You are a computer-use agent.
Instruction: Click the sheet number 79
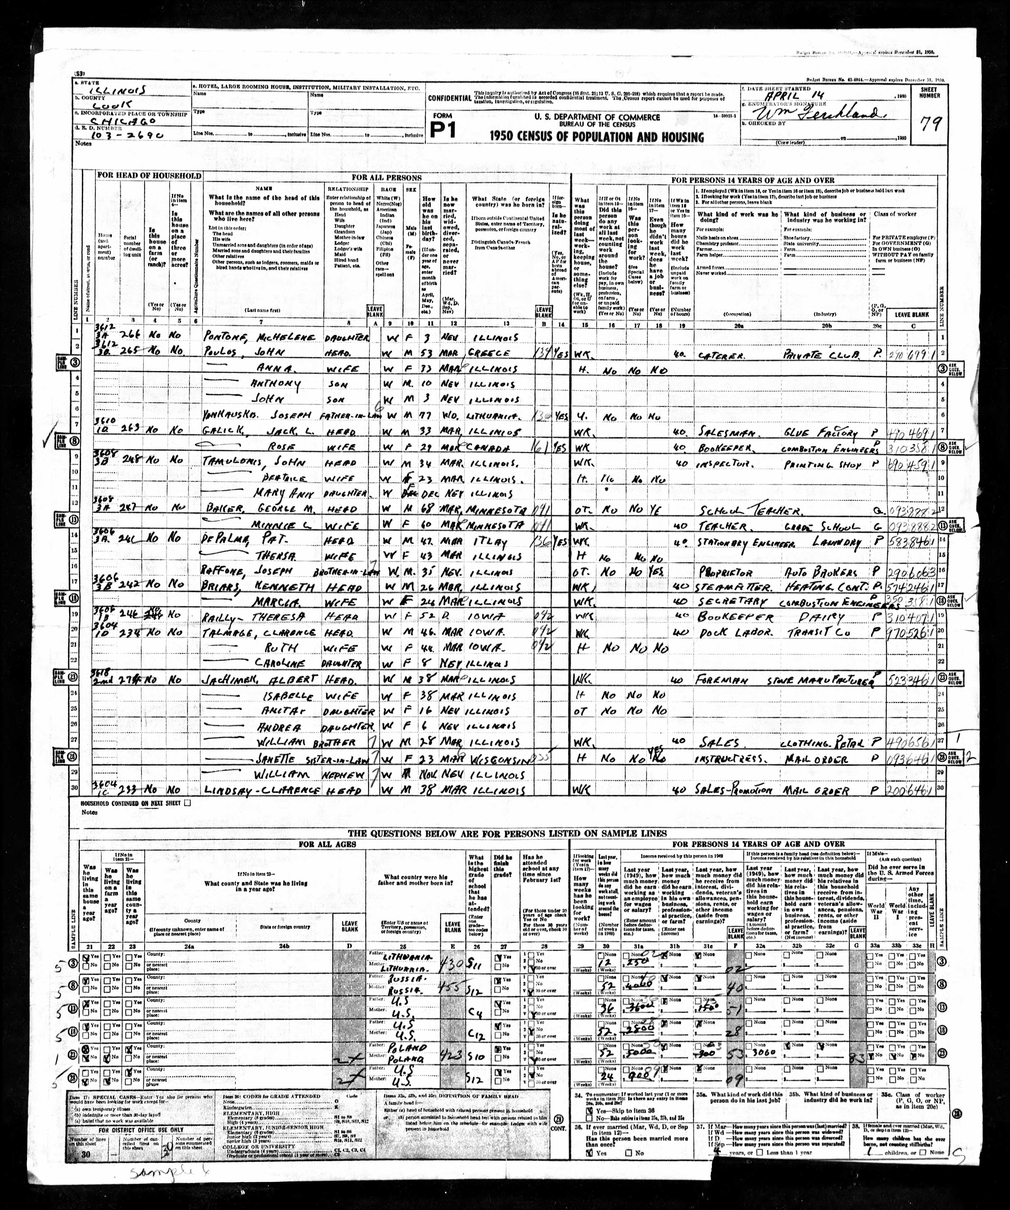[928, 123]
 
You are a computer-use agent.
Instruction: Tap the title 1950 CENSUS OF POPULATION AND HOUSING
[597, 137]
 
